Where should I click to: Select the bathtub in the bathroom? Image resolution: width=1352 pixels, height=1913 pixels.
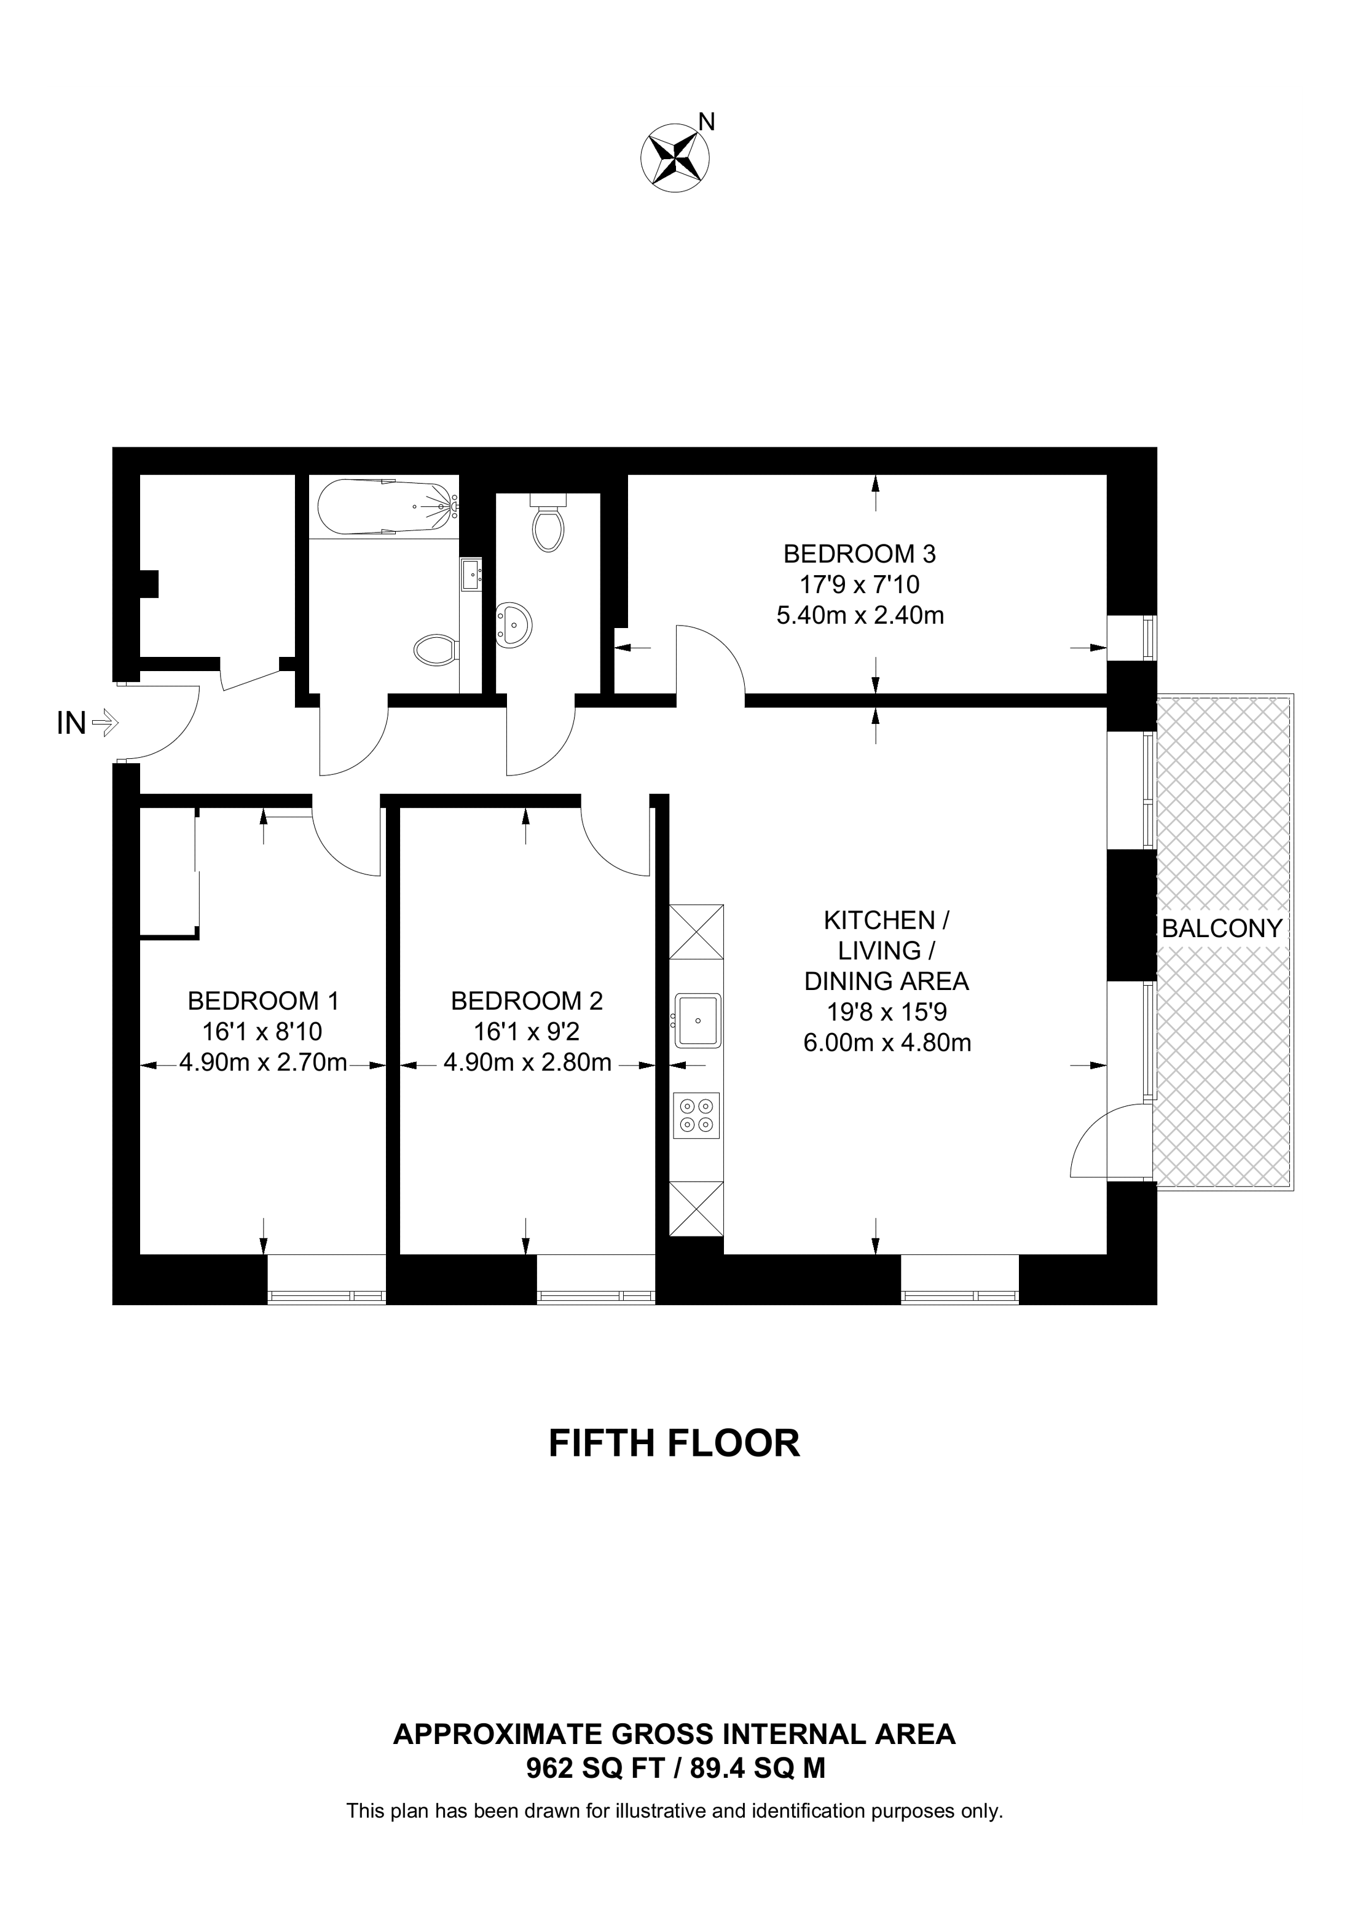[x=386, y=506]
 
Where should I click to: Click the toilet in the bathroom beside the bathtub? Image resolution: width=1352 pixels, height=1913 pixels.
[x=436, y=649]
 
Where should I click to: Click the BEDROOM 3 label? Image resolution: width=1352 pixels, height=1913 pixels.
[x=859, y=553]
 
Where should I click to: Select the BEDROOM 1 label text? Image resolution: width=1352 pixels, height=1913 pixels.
[x=263, y=1000]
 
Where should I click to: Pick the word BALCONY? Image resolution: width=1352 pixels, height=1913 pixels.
[x=1221, y=928]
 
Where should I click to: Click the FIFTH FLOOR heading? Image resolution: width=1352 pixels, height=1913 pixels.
[x=674, y=1443]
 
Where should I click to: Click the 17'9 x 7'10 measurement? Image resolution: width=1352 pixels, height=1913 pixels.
[x=859, y=584]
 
